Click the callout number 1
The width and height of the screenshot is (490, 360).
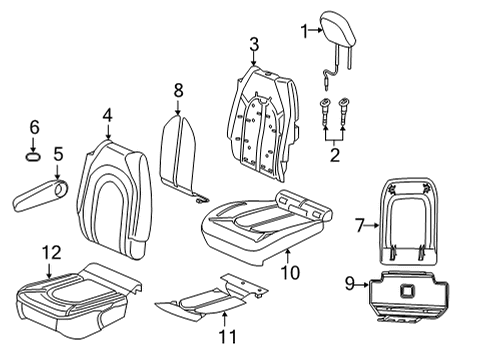(x=305, y=32)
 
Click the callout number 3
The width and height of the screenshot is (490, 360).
(x=254, y=44)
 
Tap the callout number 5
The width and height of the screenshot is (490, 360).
(x=58, y=154)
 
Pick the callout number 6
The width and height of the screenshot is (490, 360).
(x=33, y=127)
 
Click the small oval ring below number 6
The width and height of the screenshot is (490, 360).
(x=33, y=156)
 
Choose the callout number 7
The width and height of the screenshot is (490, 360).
(x=360, y=226)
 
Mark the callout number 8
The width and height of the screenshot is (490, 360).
(x=178, y=91)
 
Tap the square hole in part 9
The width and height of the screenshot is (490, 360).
(x=409, y=290)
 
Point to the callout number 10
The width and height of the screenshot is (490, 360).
(x=289, y=272)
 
